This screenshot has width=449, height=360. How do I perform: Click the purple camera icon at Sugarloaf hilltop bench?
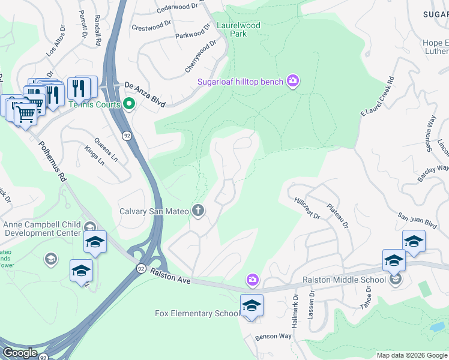292,80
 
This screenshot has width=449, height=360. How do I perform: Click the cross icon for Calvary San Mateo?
197,211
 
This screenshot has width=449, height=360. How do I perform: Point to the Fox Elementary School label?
196,313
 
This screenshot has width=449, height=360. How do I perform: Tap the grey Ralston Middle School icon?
396,279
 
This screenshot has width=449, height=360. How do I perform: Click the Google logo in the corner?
20,352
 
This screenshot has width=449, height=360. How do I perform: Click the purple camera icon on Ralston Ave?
253,280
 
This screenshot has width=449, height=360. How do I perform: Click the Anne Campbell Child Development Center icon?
90,226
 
